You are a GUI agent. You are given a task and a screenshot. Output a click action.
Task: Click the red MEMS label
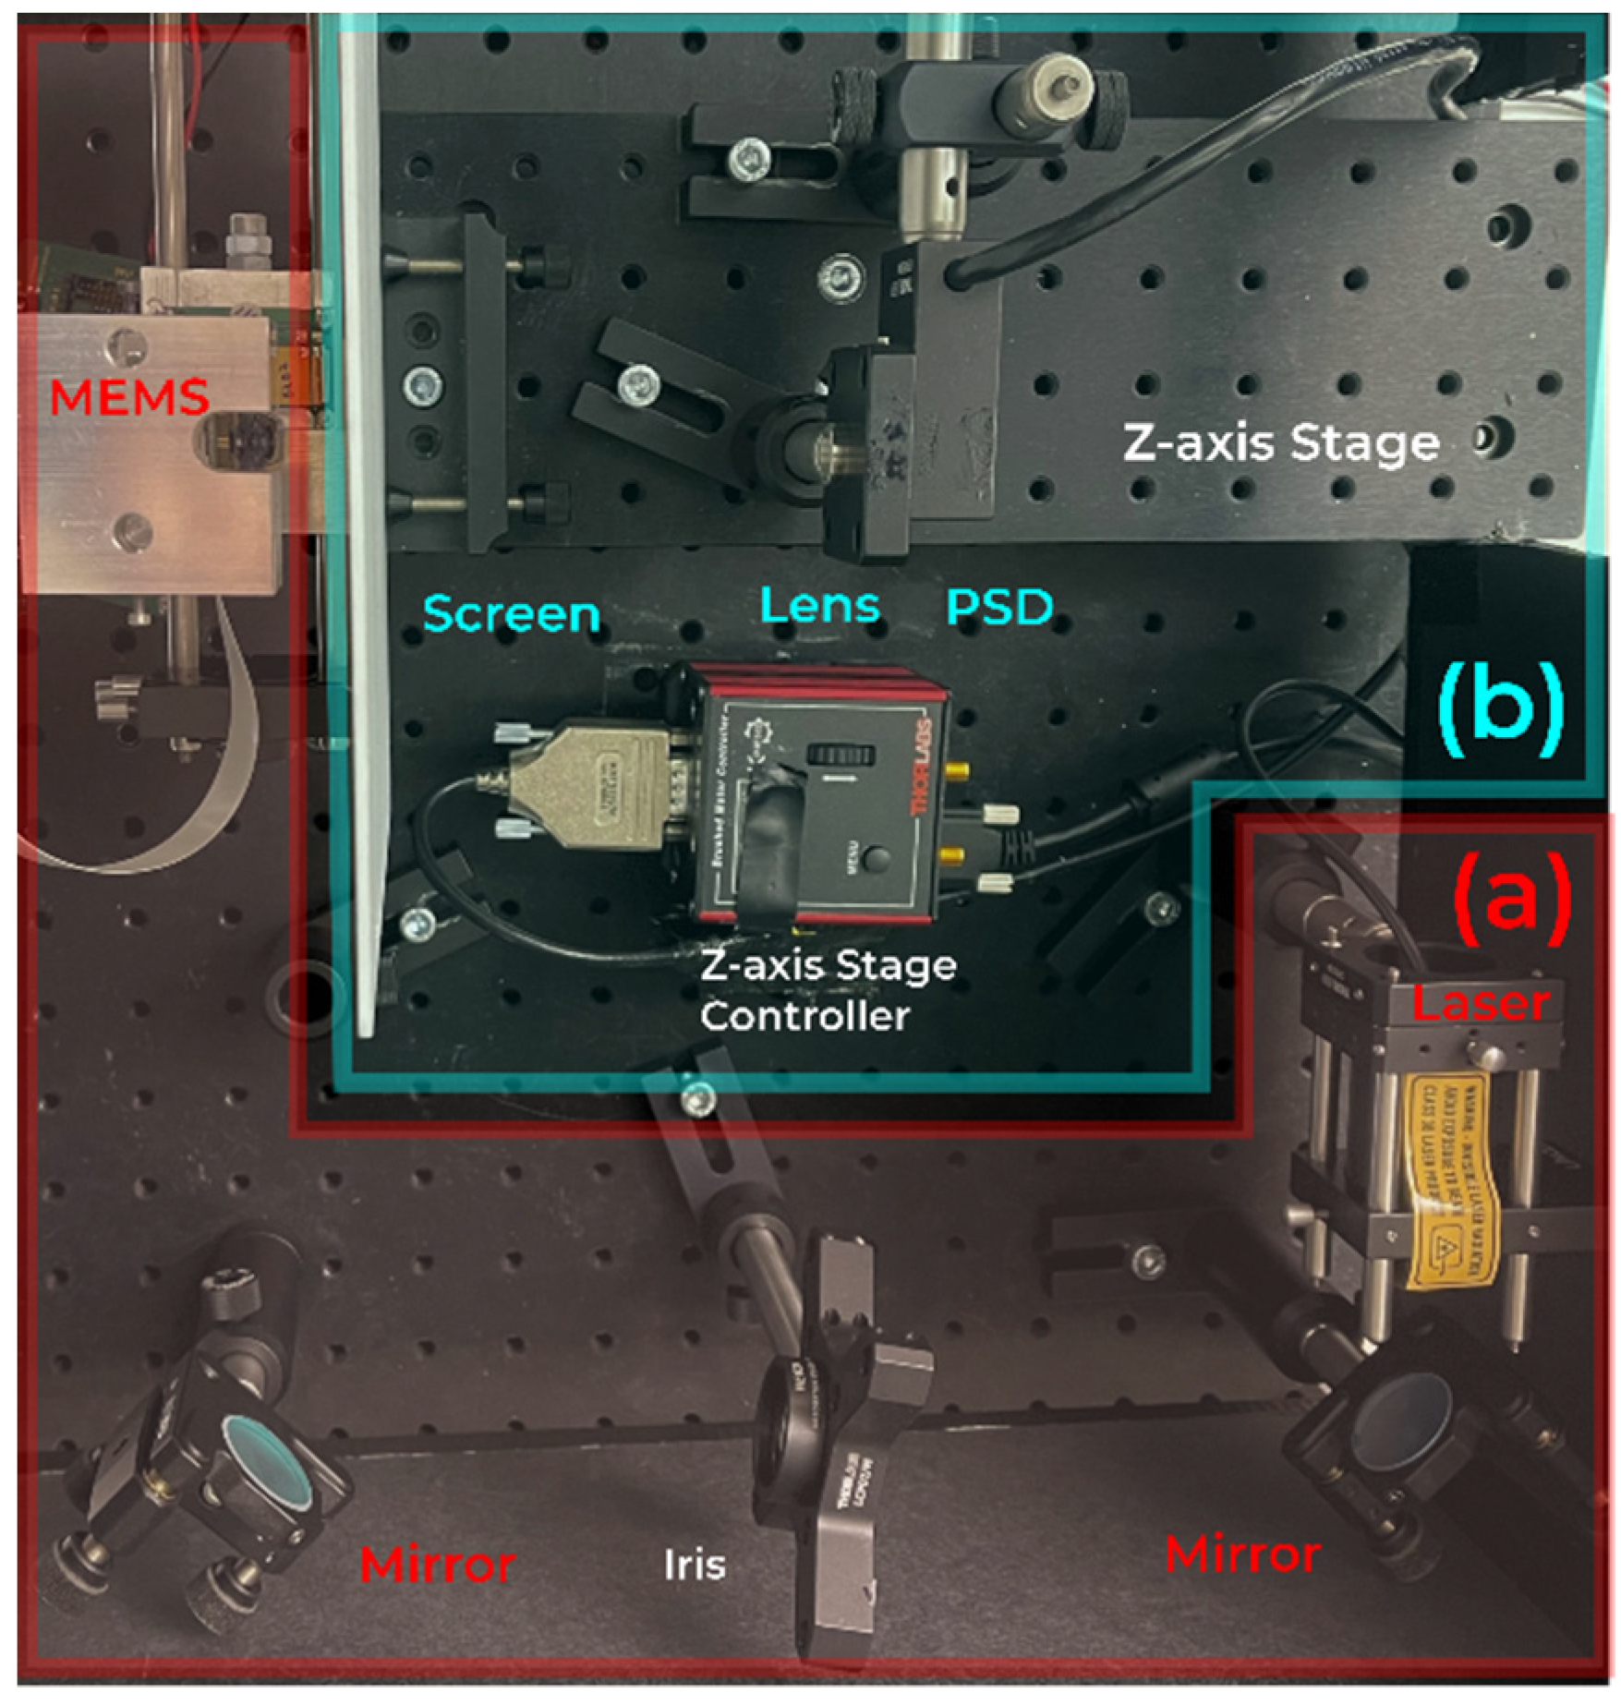tap(128, 397)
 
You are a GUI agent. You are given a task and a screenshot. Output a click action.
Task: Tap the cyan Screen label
tap(511, 614)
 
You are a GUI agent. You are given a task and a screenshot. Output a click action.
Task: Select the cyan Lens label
tap(819, 606)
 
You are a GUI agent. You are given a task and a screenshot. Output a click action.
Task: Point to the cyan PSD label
tap(999, 607)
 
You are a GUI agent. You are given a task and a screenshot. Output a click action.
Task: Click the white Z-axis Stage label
tap(1281, 443)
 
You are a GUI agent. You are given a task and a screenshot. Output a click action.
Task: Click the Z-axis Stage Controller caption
tap(828, 991)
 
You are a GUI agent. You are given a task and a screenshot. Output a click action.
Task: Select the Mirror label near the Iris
tap(437, 1565)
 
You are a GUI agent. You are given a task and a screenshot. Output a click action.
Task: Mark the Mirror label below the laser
tap(1242, 1554)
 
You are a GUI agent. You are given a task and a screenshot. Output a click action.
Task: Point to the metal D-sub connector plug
tap(591, 785)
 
